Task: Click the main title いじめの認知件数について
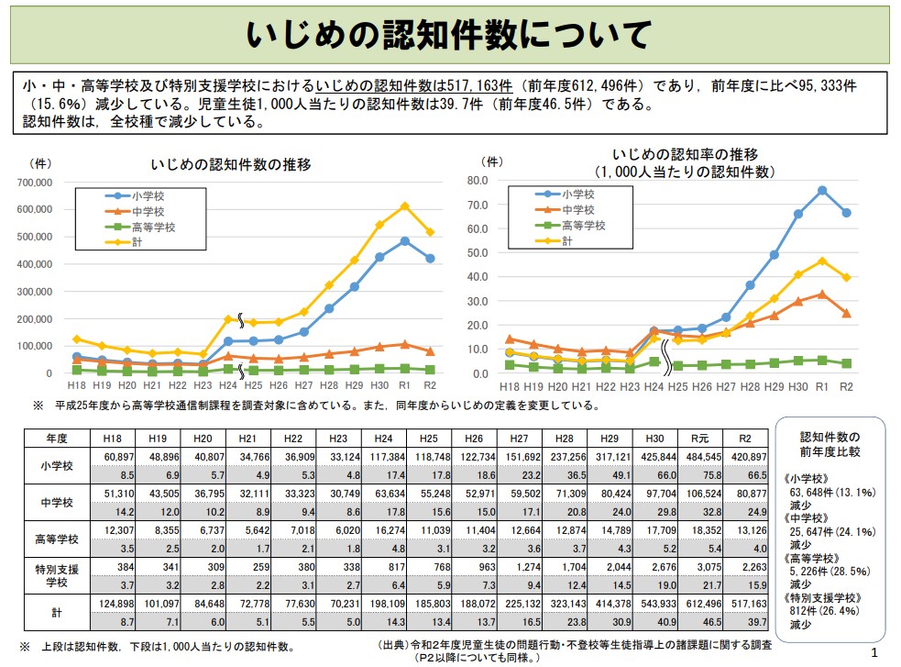449,35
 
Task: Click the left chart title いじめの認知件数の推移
231,165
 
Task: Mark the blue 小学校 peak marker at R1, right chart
822,190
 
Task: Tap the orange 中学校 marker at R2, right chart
846,313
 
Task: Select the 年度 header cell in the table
55,438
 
